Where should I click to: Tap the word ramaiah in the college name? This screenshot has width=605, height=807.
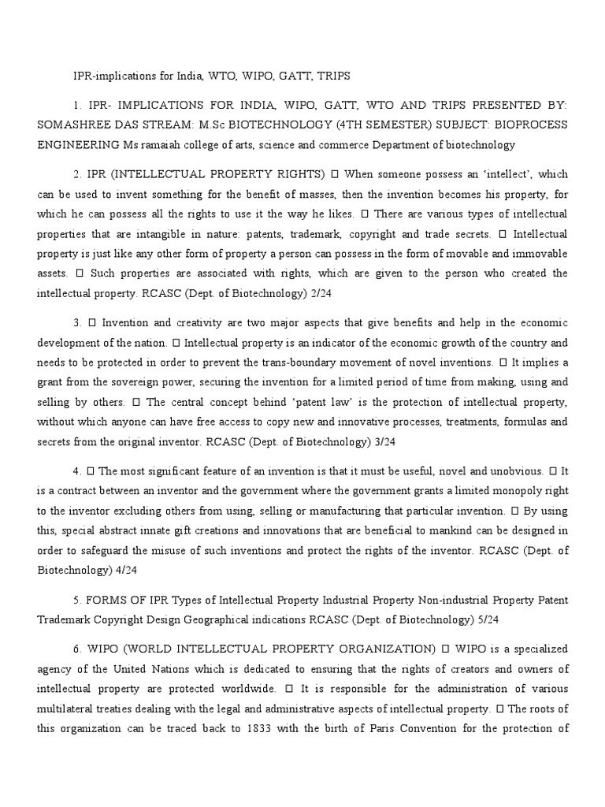[x=168, y=145]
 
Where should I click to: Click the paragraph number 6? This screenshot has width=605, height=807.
[x=76, y=649]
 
